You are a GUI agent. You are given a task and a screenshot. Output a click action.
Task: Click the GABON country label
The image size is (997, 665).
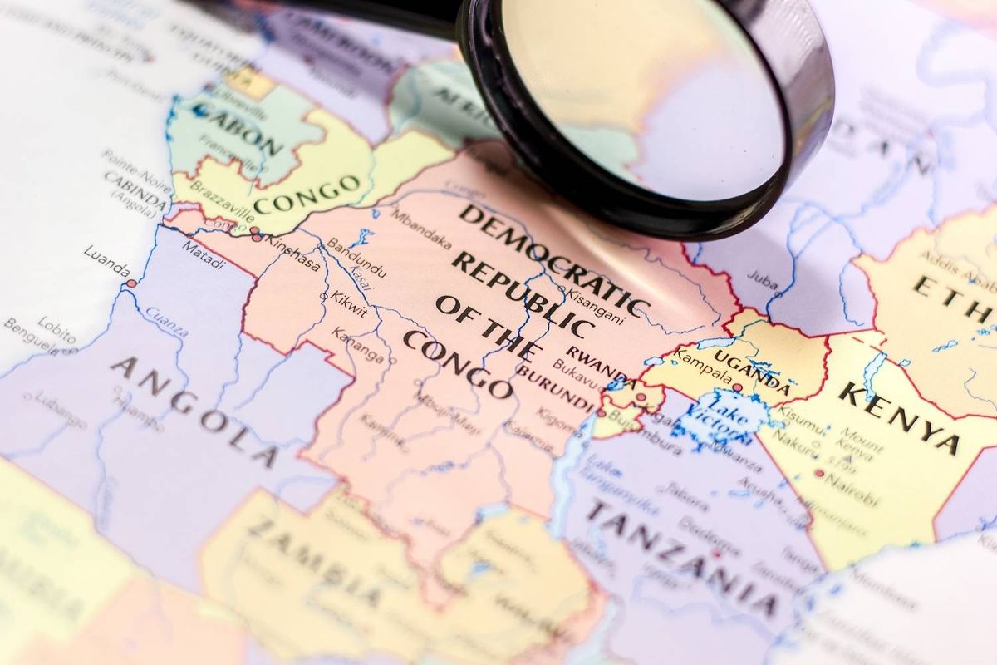[x=238, y=129]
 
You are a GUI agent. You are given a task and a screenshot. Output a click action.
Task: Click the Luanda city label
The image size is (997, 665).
[x=106, y=271]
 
